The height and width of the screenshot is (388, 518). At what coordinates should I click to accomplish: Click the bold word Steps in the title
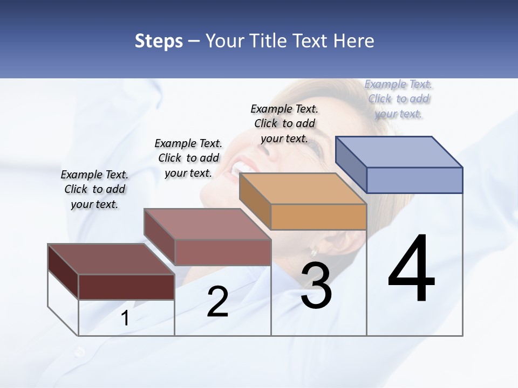click(x=159, y=41)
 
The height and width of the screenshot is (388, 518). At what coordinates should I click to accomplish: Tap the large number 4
click(x=411, y=269)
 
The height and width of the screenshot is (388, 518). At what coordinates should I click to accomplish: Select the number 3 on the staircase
click(x=316, y=286)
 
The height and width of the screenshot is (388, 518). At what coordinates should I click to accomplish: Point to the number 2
click(x=217, y=302)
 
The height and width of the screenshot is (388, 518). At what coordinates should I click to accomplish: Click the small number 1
click(x=125, y=318)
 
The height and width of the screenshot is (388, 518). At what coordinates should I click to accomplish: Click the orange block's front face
click(x=318, y=217)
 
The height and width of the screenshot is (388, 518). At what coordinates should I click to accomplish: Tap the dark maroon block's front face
click(x=126, y=287)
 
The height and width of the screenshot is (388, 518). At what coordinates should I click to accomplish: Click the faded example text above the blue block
click(x=399, y=99)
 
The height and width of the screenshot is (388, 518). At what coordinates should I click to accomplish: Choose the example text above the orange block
click(x=284, y=123)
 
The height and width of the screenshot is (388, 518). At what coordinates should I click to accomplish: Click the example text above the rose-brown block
click(x=188, y=158)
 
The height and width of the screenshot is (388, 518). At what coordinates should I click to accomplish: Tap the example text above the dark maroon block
click(x=94, y=189)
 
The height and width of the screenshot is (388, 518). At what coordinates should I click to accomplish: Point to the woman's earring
click(x=313, y=252)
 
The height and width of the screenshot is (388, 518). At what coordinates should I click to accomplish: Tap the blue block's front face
click(x=414, y=180)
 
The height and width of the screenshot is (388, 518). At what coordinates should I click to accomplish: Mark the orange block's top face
click(x=302, y=189)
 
